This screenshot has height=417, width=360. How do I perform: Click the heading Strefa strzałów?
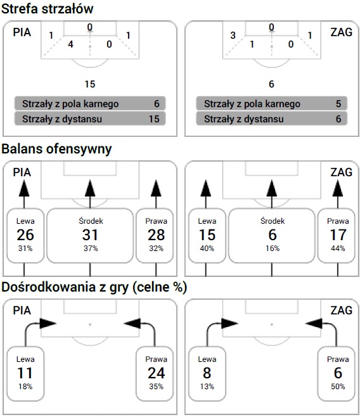coord(48,9)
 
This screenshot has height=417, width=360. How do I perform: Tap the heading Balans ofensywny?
coord(56,149)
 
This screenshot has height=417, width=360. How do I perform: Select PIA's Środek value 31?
coord(90,235)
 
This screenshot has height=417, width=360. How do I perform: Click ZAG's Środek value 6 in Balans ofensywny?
coord(273,235)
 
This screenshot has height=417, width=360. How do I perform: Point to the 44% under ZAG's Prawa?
coord(338,248)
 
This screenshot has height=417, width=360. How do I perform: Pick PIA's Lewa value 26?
coord(25,235)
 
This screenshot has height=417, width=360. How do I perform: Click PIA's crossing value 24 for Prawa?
coord(156,373)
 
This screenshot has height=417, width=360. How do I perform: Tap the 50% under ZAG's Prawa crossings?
coord(338,387)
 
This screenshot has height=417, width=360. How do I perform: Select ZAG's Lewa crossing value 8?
coord(207,373)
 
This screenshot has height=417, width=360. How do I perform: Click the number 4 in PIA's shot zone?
coord(70,44)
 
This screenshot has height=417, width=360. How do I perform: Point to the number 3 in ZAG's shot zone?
coord(233,35)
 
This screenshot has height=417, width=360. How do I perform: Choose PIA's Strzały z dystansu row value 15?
coord(154,119)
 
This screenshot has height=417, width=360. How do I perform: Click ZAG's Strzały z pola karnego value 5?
coord(338,104)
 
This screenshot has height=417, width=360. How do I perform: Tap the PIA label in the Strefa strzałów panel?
coord(22,32)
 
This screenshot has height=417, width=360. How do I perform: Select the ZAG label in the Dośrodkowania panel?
coord(342,311)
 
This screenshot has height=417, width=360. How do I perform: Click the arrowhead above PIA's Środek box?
coord(90,188)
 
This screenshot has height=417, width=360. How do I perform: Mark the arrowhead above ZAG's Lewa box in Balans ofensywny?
coord(206,188)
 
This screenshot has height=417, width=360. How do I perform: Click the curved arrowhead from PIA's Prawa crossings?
coord(132,323)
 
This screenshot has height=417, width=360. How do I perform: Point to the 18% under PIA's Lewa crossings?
coord(25,387)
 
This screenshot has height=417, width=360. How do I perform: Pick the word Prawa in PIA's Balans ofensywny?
coord(156,221)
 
